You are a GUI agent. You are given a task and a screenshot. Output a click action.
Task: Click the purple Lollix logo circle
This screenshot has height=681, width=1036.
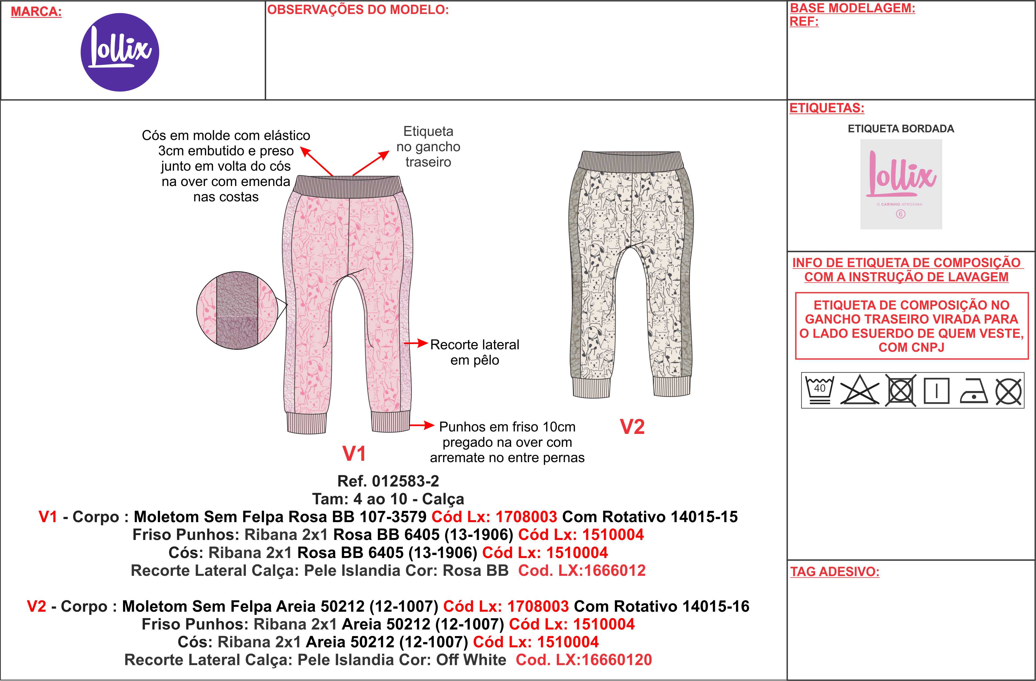pos(120,52)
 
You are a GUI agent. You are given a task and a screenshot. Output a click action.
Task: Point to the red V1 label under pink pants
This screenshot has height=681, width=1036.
pos(354,453)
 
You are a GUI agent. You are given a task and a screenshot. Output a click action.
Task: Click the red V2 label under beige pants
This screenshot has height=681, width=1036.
pos(632,427)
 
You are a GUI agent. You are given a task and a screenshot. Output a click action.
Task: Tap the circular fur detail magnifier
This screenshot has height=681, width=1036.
pos(237,310)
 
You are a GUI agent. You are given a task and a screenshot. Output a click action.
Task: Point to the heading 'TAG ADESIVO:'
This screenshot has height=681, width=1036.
pos(834,571)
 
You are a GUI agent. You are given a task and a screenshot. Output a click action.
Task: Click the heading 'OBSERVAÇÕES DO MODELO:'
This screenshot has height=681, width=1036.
pos(358,10)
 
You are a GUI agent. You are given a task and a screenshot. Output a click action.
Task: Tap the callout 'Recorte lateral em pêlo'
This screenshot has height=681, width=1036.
pos(475,352)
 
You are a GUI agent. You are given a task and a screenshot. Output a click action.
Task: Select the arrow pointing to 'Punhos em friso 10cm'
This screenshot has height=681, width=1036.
pos(422,425)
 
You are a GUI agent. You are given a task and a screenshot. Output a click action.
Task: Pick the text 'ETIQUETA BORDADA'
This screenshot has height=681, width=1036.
pos(901,129)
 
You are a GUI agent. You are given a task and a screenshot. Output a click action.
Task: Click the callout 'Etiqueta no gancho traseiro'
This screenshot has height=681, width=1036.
pos(428,147)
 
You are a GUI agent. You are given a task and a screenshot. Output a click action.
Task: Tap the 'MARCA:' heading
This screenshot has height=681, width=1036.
pos(36,12)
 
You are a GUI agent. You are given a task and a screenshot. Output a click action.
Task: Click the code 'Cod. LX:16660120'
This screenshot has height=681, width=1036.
pos(584,660)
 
